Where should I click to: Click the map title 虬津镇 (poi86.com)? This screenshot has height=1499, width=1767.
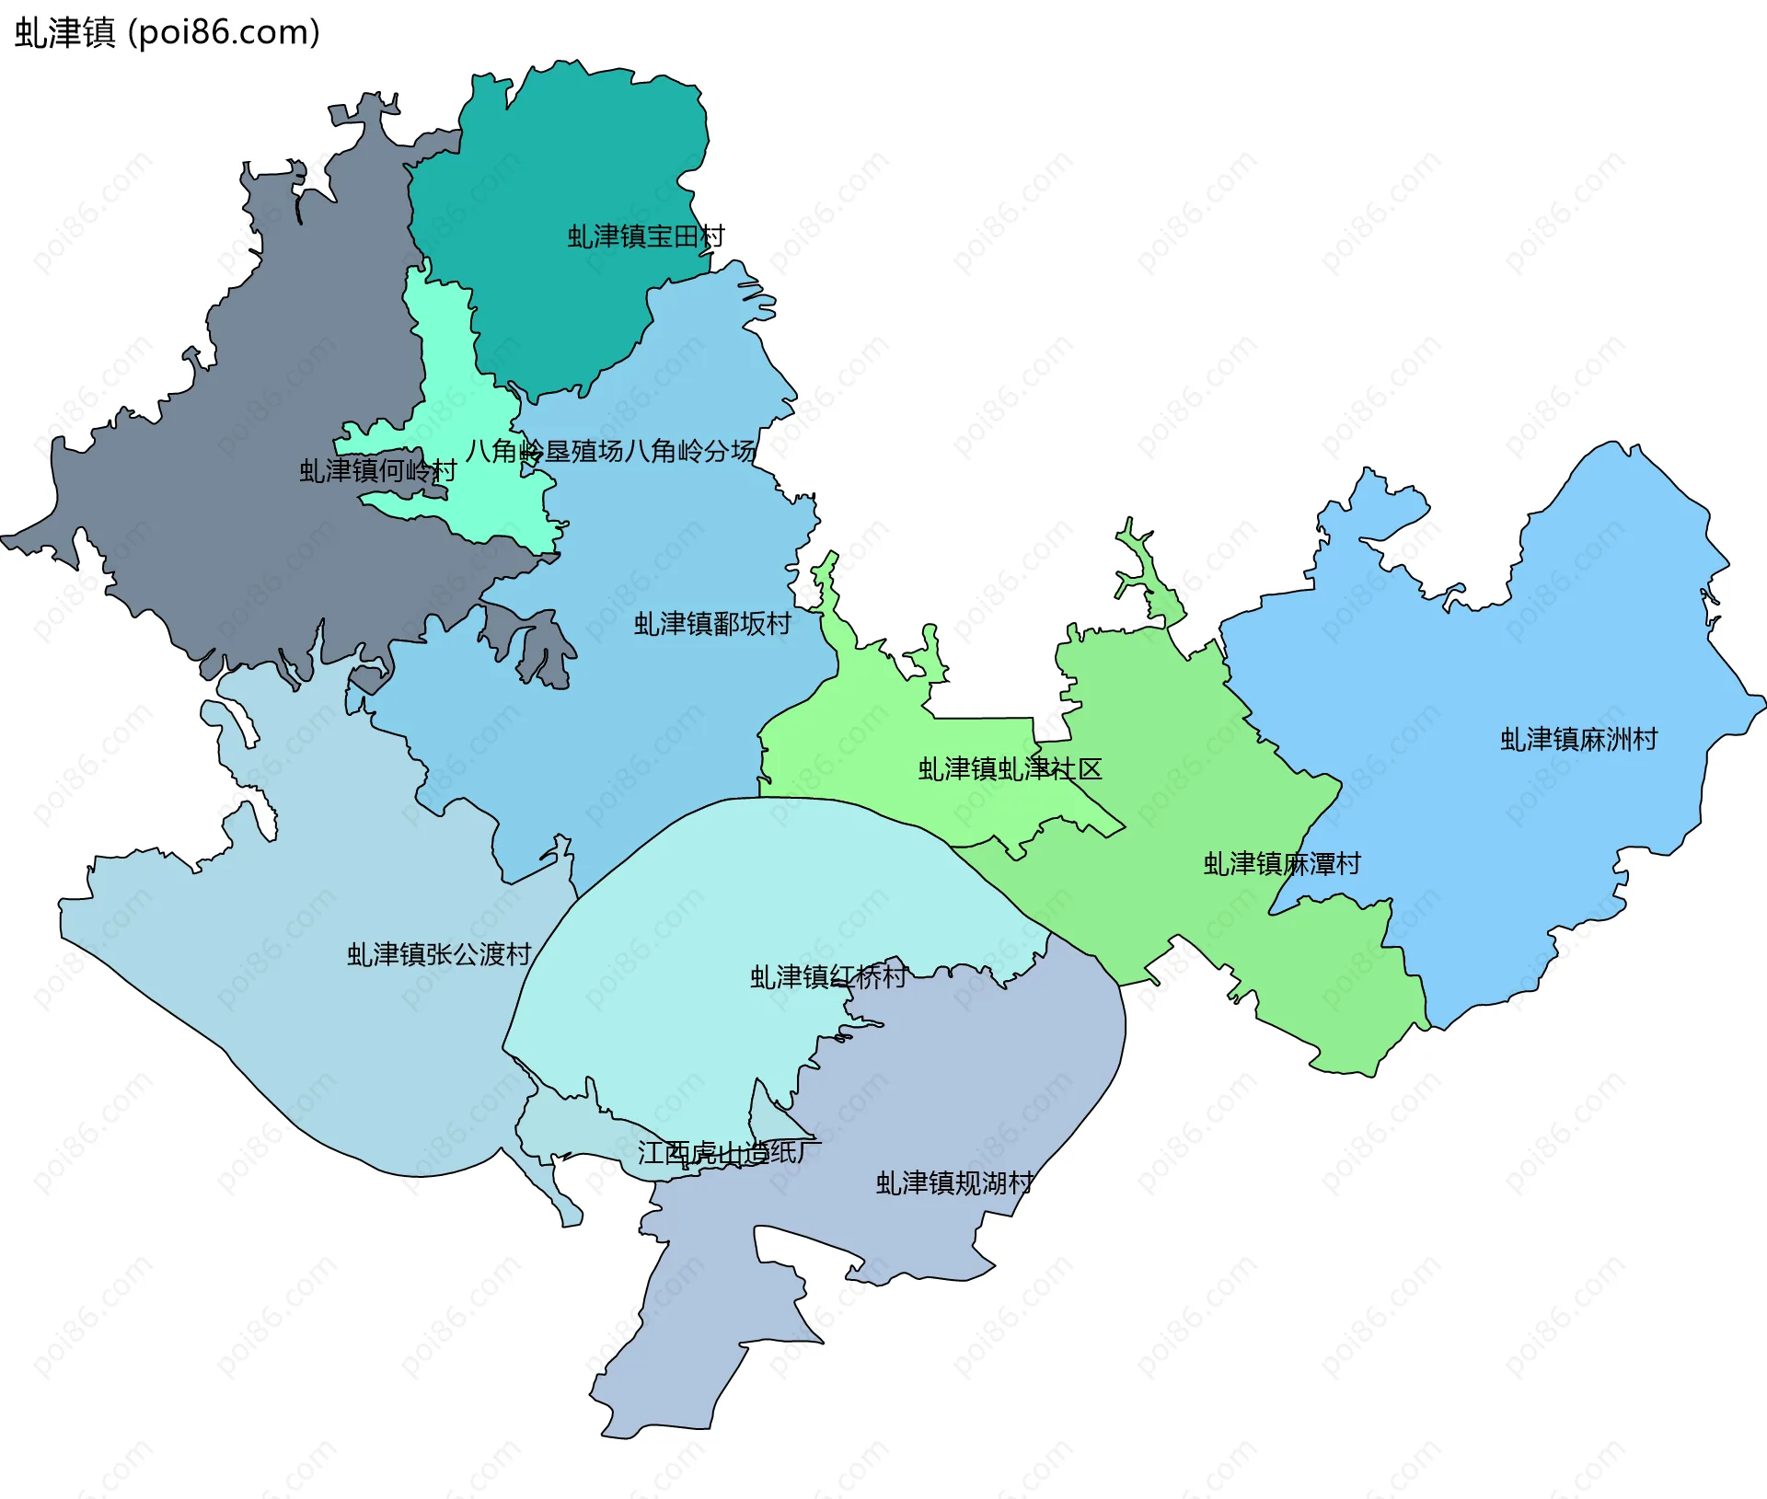tap(167, 32)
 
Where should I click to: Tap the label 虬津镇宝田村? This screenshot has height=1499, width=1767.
tap(645, 236)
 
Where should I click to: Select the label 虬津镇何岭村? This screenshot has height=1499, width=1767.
tap(377, 471)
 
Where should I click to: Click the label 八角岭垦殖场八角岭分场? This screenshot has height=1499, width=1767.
tap(610, 451)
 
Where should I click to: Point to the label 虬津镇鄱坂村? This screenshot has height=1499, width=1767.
tap(711, 624)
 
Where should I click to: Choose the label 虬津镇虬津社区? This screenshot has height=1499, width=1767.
tap(1010, 769)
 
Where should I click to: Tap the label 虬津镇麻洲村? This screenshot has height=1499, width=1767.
tap(1578, 739)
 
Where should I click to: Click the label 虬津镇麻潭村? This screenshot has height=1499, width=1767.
tap(1281, 863)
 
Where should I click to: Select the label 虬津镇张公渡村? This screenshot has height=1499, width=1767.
tap(439, 954)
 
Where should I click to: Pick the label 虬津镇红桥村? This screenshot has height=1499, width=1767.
tap(828, 976)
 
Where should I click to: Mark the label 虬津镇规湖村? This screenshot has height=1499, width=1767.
tap(953, 1182)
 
